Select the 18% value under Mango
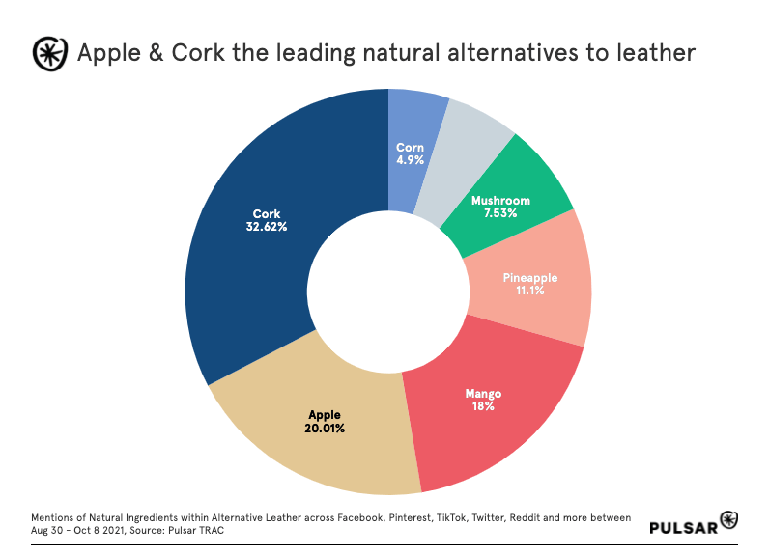click(483, 406)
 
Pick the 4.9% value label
click(410, 160)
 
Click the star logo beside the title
click(50, 54)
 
